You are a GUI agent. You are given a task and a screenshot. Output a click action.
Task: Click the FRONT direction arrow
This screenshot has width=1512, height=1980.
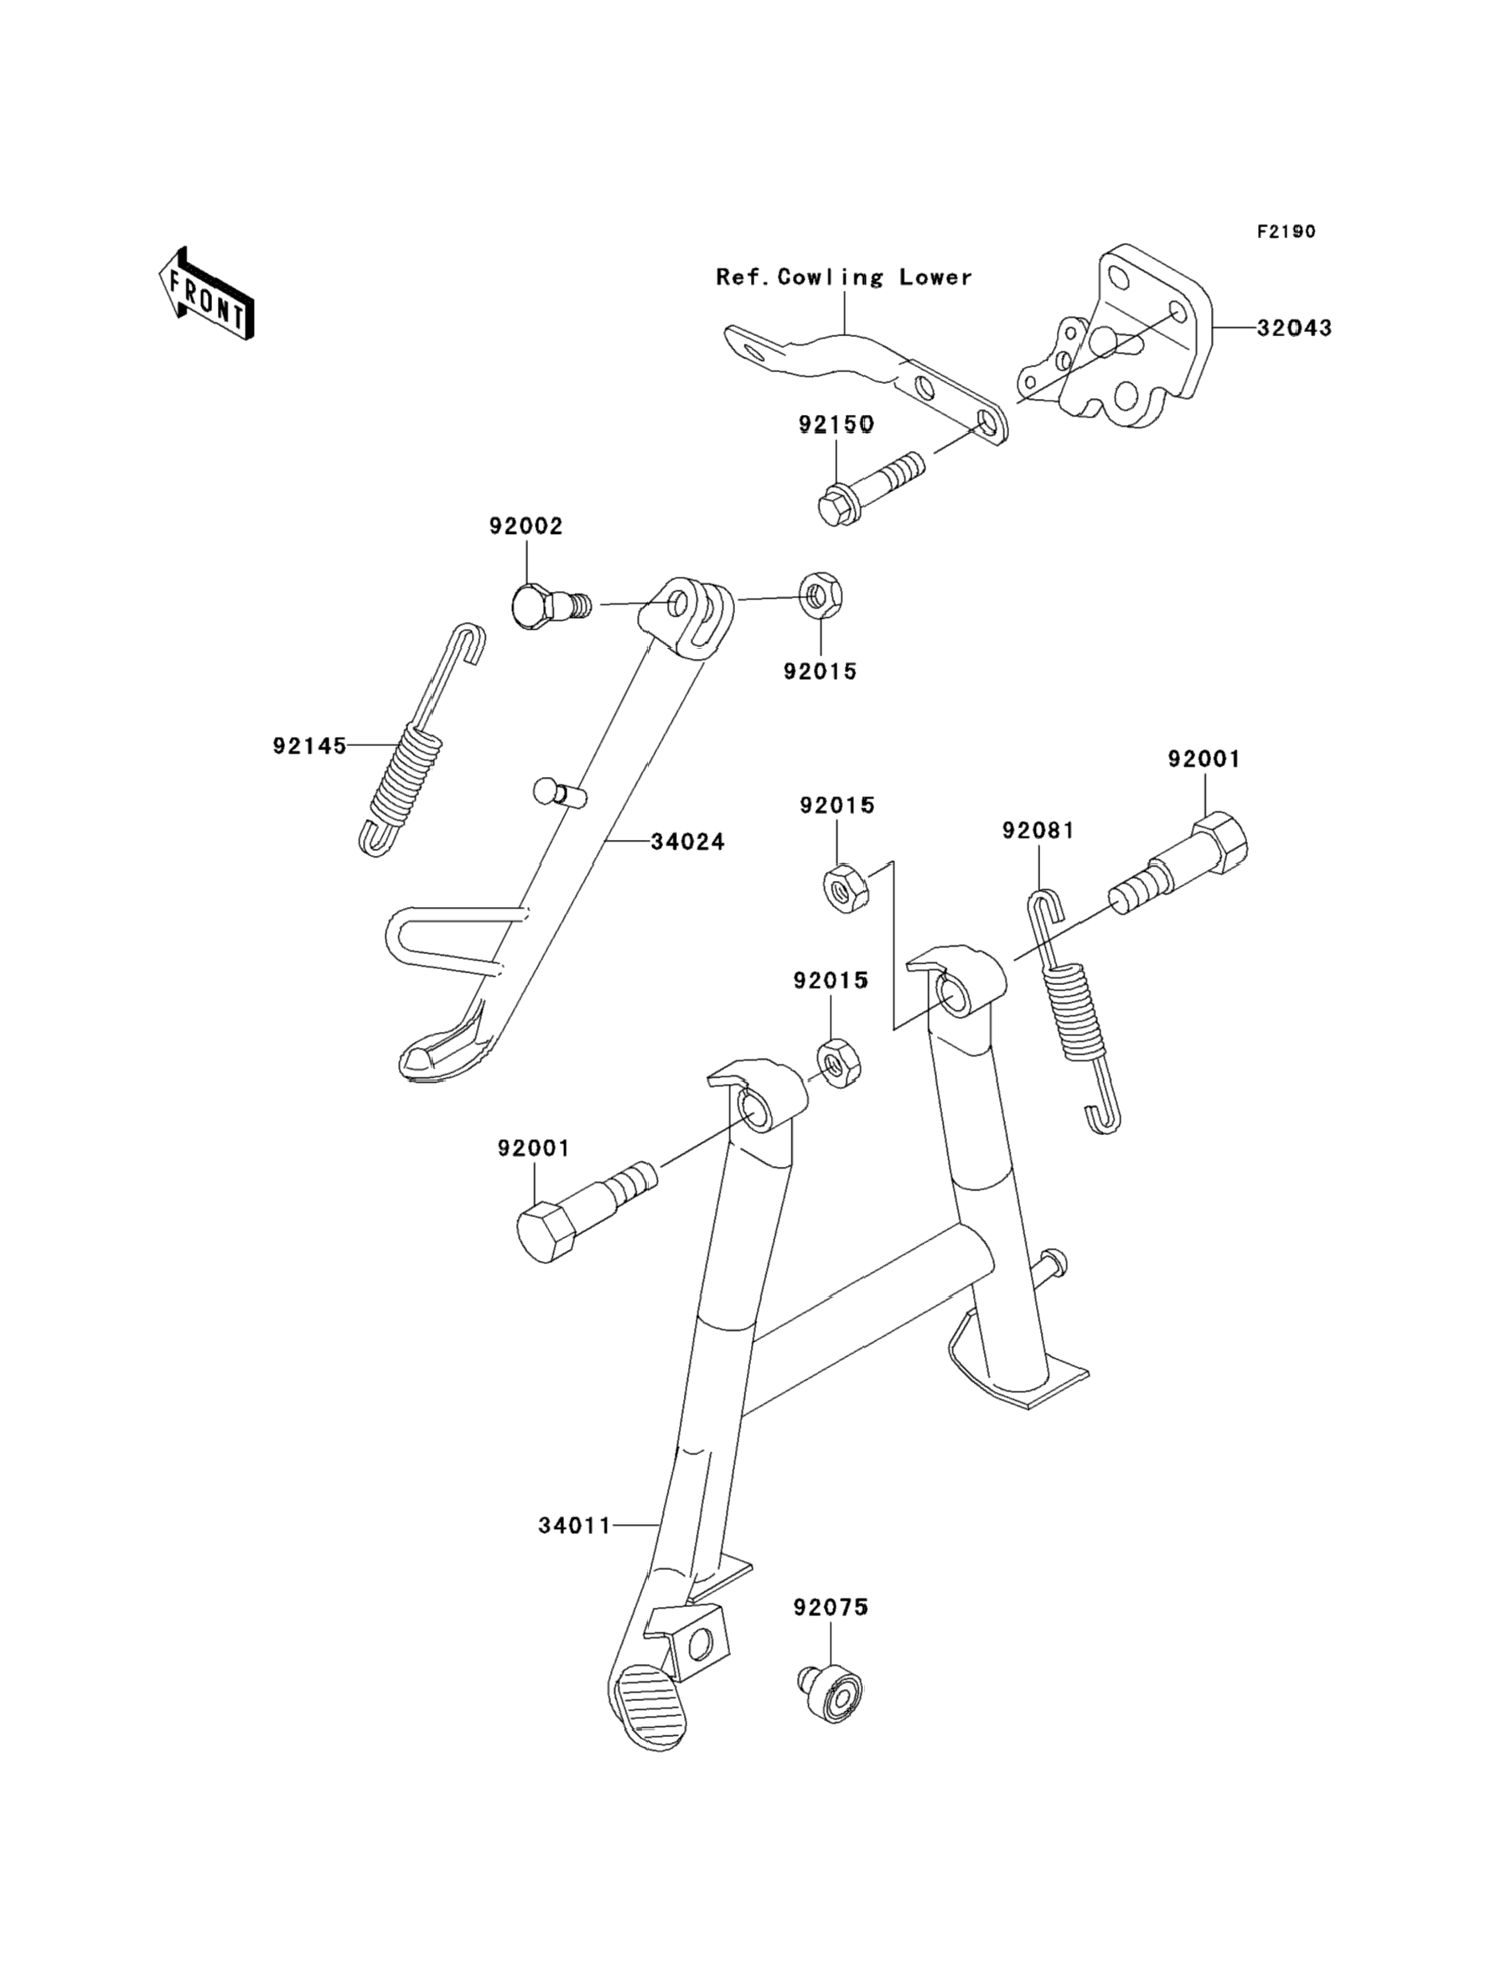206,293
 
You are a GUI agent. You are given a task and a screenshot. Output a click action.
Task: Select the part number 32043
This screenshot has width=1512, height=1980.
1294,328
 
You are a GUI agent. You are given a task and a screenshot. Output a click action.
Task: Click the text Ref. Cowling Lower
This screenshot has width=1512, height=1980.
844,277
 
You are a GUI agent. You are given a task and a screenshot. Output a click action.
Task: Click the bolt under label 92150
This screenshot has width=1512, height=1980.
871,488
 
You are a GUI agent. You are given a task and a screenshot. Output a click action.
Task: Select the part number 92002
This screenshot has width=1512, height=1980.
526,526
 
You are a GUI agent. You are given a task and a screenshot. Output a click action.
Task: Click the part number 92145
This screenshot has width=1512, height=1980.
309,746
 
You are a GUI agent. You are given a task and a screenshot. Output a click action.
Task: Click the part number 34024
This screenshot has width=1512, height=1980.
687,842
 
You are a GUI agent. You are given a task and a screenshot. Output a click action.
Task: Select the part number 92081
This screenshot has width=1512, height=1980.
1038,830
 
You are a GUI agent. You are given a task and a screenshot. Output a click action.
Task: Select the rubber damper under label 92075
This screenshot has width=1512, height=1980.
830,1695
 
